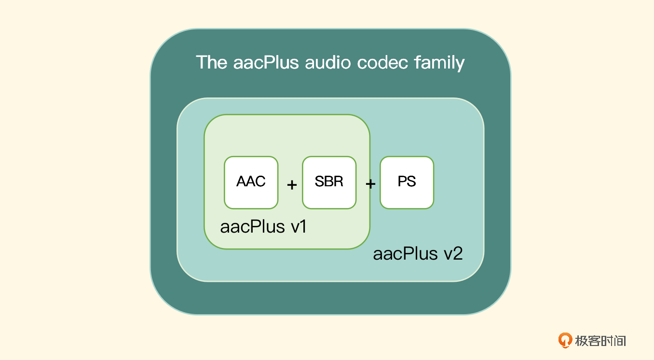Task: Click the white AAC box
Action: click(x=251, y=182)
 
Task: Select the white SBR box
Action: click(x=329, y=182)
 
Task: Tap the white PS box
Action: click(x=407, y=182)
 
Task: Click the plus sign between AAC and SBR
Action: click(x=292, y=185)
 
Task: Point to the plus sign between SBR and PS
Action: click(x=370, y=184)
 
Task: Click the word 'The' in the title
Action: click(x=212, y=63)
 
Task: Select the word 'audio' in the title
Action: click(x=328, y=63)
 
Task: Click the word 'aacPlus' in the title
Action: click(x=266, y=63)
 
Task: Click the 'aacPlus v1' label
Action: click(x=263, y=227)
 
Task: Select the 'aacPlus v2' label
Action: click(x=418, y=254)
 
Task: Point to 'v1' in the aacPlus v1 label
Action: click(x=299, y=227)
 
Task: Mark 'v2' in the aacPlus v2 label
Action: click(x=454, y=254)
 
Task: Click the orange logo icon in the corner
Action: click(x=565, y=340)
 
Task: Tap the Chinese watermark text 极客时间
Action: click(x=600, y=341)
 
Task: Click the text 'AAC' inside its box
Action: click(x=251, y=182)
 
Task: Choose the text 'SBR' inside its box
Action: click(x=329, y=182)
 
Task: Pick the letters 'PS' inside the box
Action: click(x=407, y=182)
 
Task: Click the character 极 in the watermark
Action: click(x=581, y=341)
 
